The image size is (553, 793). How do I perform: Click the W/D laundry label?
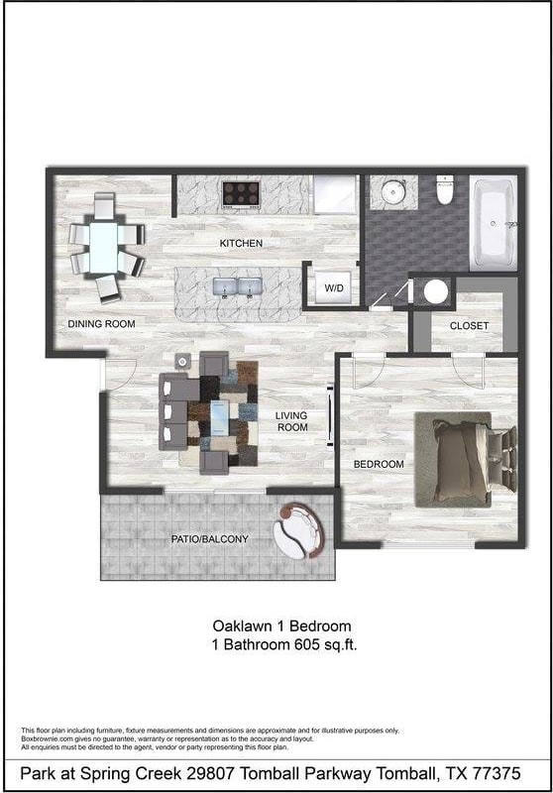pos(334,288)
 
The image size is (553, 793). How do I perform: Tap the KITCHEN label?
pos(241,243)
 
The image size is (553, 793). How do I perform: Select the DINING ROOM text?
pos(101,324)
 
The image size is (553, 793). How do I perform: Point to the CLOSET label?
pos(469,326)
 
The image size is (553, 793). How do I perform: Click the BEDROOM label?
pos(380,464)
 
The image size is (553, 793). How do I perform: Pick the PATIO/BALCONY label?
pos(209,539)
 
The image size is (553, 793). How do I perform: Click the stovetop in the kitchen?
pos(241,192)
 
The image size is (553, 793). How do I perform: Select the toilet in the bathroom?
pos(445,190)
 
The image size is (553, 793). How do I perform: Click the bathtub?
pos(494,222)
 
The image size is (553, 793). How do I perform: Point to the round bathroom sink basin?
pos(393,190)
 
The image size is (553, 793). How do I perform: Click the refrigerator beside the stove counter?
pos(335,194)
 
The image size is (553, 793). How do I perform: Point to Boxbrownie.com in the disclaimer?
pos(46,738)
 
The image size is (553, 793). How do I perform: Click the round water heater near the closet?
pos(434,291)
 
